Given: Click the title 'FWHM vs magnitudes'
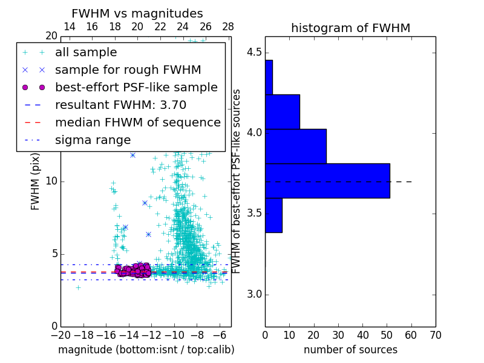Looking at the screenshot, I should click(137, 14).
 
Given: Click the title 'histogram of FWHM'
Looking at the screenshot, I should click(350, 28).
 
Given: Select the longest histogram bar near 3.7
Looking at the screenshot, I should click(327, 180).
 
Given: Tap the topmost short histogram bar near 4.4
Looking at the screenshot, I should click(269, 77).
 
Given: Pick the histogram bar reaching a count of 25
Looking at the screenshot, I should click(296, 146).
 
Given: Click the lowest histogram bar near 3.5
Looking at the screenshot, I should click(273, 215).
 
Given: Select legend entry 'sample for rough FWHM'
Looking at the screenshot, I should click(128, 70).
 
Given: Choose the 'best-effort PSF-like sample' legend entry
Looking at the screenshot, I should click(136, 88).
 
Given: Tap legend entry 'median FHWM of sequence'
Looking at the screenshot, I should click(137, 123).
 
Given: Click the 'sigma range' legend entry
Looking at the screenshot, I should click(93, 140).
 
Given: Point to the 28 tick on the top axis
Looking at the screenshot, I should click(228, 27).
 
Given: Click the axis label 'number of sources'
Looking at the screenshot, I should click(350, 350).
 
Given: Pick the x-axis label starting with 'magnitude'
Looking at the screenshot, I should click(146, 350).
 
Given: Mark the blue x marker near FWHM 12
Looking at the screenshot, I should click(132, 155).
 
